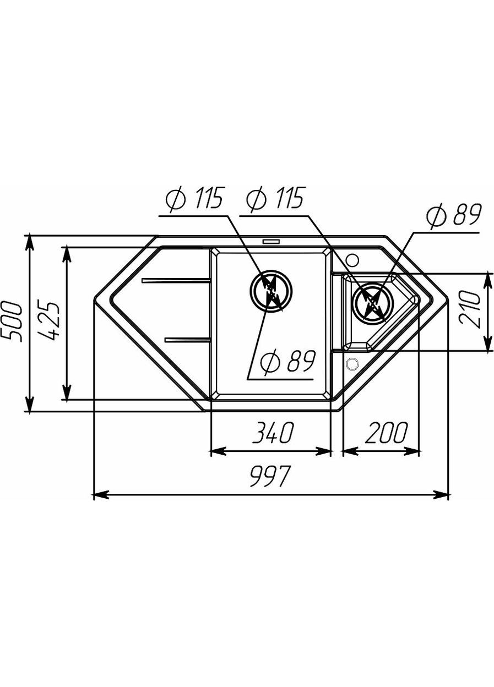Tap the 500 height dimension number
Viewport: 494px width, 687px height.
pyautogui.click(x=12, y=321)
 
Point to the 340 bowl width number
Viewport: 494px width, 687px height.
pyautogui.click(x=272, y=432)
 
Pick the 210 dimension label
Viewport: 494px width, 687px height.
pyautogui.click(x=469, y=310)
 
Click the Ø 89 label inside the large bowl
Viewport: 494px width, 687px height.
pyautogui.click(x=287, y=363)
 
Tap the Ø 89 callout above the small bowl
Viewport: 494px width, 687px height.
pyautogui.click(x=453, y=216)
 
